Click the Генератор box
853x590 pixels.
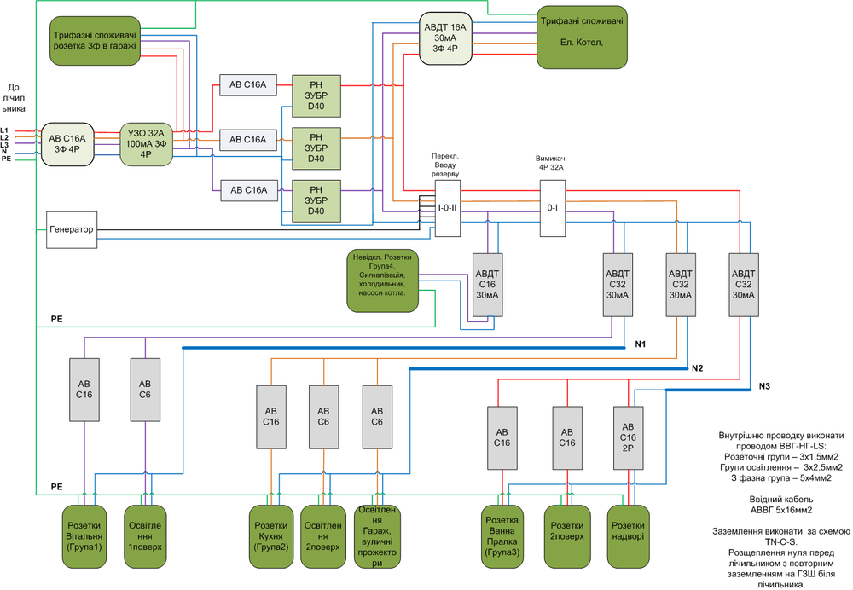tap(71, 229)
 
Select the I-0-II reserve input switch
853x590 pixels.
tap(448, 207)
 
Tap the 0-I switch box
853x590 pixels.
tap(553, 207)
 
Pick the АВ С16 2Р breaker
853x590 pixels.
tap(629, 437)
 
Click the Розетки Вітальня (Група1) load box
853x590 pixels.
tap(84, 536)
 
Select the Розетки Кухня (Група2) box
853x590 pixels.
tap(270, 536)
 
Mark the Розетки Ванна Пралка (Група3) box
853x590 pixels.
tap(502, 536)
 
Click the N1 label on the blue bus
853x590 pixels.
tap(641, 345)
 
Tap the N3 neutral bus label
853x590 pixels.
tap(764, 387)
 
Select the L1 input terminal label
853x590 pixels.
tap(4, 130)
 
